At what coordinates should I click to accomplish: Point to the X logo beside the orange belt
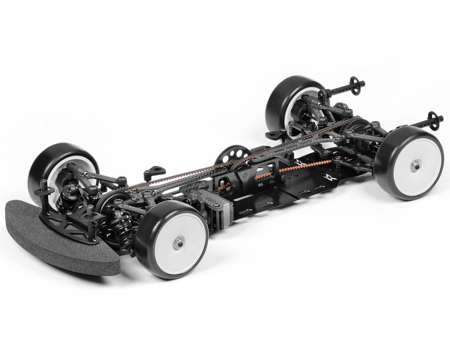pyautogui.click(x=299, y=163)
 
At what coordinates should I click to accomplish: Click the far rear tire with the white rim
pyautogui.click(x=285, y=101)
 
